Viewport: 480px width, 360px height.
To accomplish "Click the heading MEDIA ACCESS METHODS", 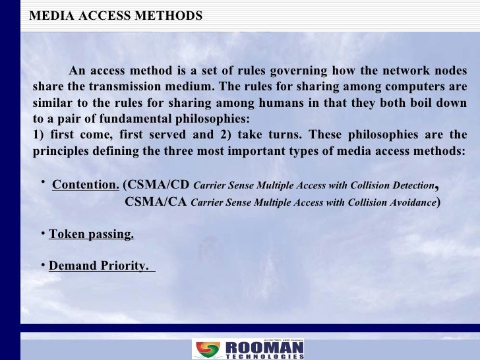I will [116, 15].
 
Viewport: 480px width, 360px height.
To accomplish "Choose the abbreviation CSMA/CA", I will [156, 202].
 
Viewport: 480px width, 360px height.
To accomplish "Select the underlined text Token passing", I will [92, 234].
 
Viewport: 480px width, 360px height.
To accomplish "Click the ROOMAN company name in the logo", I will [264, 347].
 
